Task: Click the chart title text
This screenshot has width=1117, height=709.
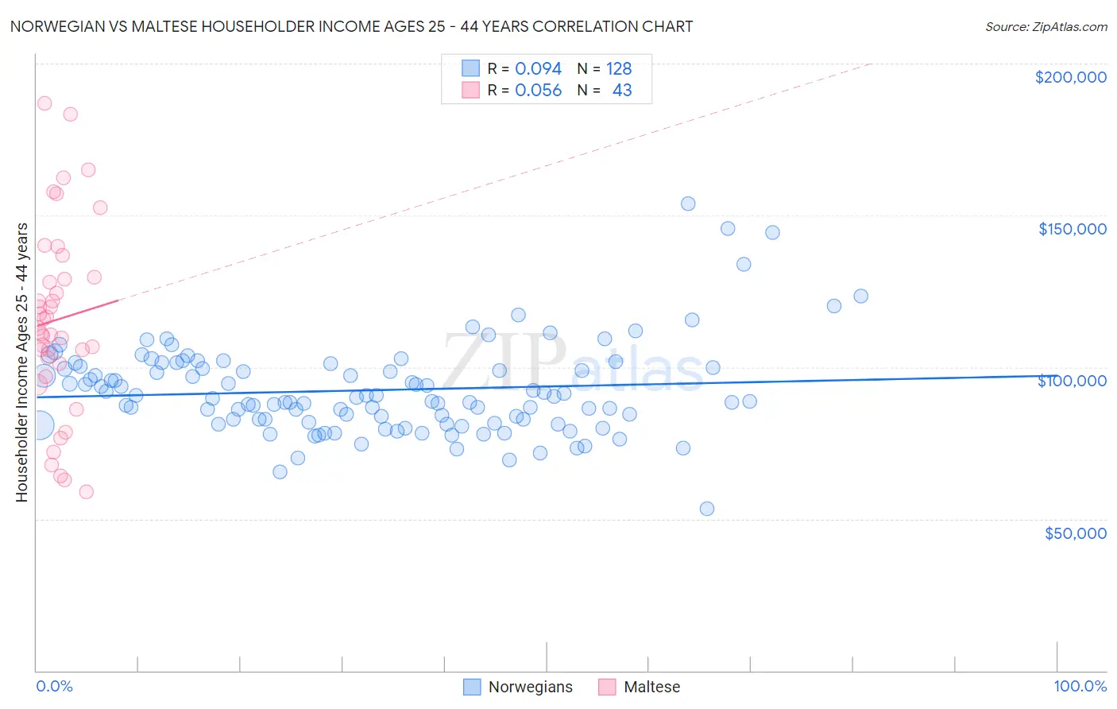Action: point(351,26)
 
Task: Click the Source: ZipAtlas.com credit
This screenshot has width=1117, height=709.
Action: point(1045,26)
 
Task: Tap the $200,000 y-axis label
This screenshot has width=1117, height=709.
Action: point(1070,77)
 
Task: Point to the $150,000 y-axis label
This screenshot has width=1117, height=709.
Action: point(1072,229)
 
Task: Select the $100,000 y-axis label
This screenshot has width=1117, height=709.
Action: point(1072,381)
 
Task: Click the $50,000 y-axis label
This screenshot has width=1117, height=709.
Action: point(1075,533)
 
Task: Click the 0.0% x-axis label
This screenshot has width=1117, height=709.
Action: point(54,686)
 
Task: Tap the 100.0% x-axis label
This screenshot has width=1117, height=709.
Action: point(1080,686)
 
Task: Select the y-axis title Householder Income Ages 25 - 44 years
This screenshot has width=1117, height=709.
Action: point(21,362)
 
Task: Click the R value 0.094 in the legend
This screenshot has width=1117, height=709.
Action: point(538,68)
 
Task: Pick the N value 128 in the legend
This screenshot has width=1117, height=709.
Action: point(619,68)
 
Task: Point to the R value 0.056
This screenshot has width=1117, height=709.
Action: point(538,91)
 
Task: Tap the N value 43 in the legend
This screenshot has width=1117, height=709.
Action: point(622,91)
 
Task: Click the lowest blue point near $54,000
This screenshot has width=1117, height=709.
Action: point(707,509)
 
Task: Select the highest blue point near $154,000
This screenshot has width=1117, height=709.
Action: point(688,203)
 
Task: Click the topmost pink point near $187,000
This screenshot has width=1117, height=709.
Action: point(44,103)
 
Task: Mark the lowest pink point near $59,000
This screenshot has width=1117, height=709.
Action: point(87,492)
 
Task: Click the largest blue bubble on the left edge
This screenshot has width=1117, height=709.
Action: point(39,426)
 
